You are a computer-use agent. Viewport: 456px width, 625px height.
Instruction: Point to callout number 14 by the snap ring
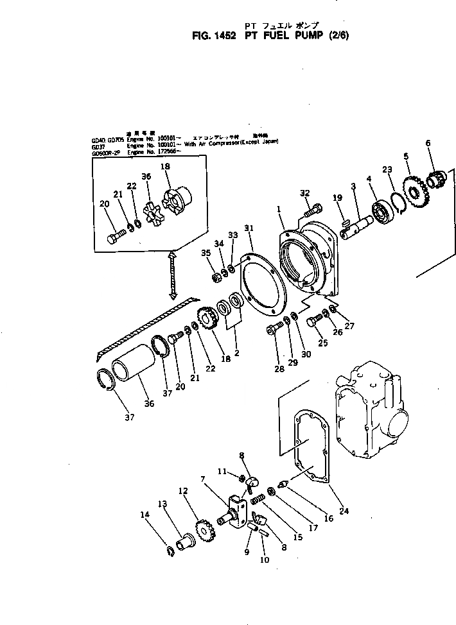pyautogui.click(x=144, y=515)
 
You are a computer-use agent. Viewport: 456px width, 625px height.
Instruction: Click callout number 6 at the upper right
pyautogui.click(x=428, y=142)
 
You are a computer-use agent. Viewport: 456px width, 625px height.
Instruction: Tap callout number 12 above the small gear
pyautogui.click(x=183, y=492)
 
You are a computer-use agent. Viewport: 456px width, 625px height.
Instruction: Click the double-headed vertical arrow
pyautogui.click(x=173, y=275)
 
